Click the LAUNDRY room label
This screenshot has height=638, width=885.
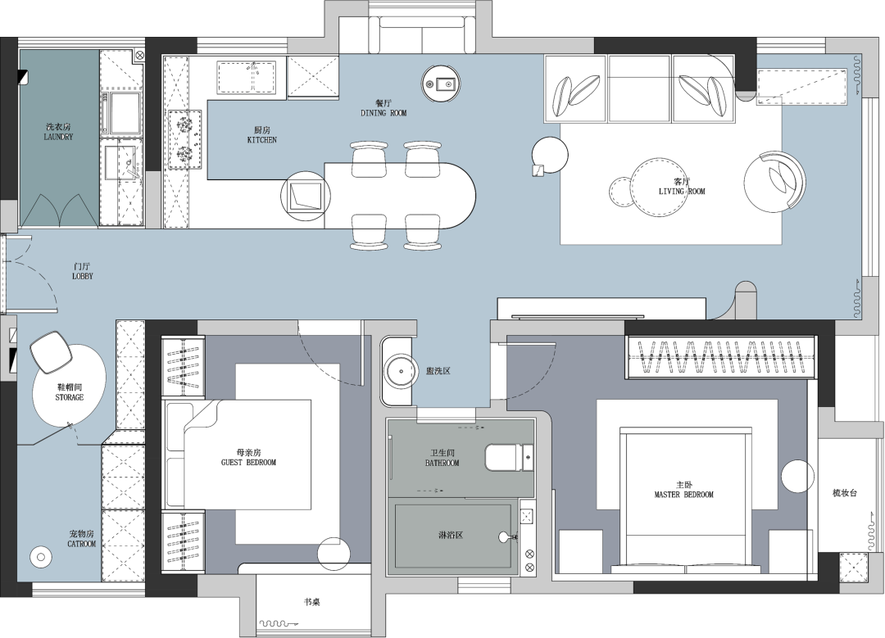(58, 137)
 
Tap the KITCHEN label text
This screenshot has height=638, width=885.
(262, 140)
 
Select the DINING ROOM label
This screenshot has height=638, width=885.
(383, 113)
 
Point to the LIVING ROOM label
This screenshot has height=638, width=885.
(682, 191)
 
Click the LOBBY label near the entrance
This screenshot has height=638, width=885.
(83, 276)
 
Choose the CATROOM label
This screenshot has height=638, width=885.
(82, 544)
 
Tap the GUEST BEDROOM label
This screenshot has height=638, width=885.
(248, 463)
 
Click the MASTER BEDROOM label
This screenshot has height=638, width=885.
(684, 495)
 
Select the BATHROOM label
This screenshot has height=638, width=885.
(442, 463)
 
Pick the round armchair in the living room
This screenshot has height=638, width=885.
(774, 182)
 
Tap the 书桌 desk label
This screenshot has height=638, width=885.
(312, 602)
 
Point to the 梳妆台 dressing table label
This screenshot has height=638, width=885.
(845, 492)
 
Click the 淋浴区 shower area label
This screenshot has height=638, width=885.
(451, 534)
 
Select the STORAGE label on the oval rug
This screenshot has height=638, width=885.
(70, 397)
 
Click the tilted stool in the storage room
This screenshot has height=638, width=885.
(52, 352)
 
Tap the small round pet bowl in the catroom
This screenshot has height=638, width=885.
(40, 558)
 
